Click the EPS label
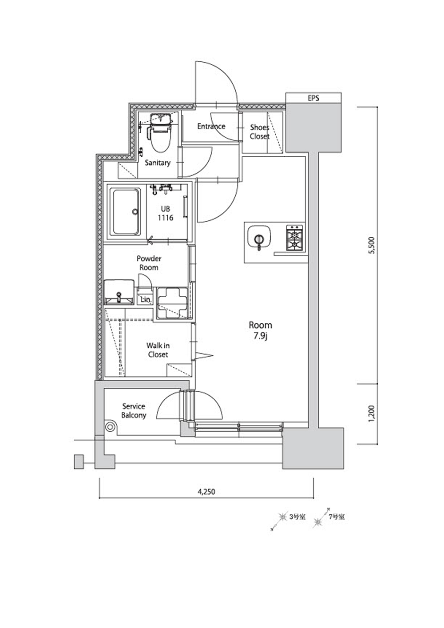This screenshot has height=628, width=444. (313, 98)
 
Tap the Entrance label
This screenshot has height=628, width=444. (211, 126)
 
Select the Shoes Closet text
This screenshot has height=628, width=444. (260, 132)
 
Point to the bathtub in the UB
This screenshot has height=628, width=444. (126, 212)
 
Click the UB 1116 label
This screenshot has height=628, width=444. (165, 213)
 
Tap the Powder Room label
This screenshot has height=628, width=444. (149, 263)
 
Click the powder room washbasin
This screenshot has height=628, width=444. (119, 291)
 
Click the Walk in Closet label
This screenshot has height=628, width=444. (158, 350)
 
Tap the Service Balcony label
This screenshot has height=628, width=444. (134, 411)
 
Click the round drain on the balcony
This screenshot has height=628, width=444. (110, 427)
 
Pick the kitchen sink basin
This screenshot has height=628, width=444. (259, 238)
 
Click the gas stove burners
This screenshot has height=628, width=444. (294, 238)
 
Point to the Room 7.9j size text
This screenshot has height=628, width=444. (260, 330)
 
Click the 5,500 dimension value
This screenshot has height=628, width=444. (371, 246)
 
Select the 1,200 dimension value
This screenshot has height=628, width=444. (371, 413)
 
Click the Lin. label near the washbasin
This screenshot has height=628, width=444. (146, 299)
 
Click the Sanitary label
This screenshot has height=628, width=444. (158, 163)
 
